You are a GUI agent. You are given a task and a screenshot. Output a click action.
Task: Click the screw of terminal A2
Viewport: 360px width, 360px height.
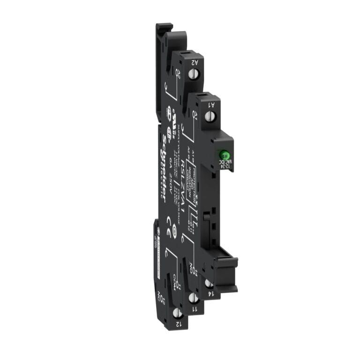192,73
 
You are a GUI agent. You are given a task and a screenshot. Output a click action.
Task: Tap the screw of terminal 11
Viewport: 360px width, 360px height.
192,297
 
